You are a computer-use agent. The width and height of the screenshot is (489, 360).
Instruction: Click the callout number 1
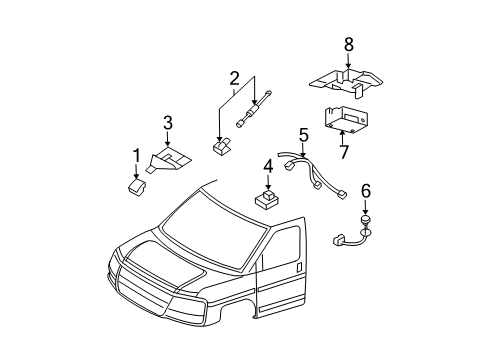[x=137, y=155]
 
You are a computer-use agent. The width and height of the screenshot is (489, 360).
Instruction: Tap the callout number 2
[x=234, y=78]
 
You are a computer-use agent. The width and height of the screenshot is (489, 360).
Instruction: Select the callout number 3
[x=168, y=124]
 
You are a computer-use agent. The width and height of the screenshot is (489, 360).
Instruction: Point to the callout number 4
[x=268, y=166]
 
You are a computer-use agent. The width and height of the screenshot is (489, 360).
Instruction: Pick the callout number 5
[x=303, y=133]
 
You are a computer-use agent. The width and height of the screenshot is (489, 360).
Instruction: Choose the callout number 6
[x=366, y=190]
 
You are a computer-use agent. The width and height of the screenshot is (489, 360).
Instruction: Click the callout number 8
[x=348, y=44]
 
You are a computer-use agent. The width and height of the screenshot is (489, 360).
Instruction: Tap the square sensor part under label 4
[x=268, y=197]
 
